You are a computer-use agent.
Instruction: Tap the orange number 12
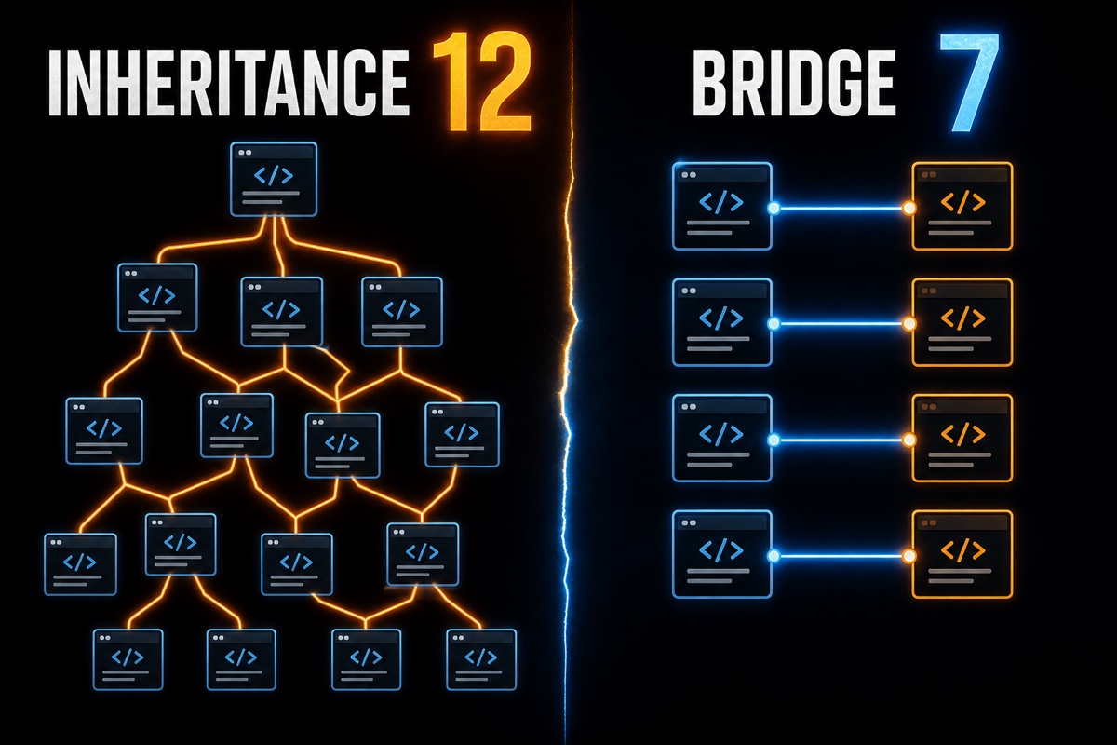click(482, 82)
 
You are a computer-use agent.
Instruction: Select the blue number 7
click(969, 82)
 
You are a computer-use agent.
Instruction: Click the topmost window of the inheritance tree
click(274, 179)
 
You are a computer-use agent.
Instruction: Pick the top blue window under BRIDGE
click(722, 206)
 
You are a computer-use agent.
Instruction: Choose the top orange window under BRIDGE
click(962, 206)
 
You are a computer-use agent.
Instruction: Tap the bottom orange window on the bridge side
click(962, 554)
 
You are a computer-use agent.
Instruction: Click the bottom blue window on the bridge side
click(722, 554)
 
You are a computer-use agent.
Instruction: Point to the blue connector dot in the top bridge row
click(774, 208)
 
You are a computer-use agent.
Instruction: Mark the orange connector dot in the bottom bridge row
click(909, 556)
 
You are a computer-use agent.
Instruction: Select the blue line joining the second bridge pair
click(841, 324)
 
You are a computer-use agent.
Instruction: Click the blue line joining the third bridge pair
click(841, 440)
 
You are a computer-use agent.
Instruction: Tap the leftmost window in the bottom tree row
click(128, 659)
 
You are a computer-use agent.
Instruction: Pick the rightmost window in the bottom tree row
click(481, 659)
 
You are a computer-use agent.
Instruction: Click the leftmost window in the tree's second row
click(157, 297)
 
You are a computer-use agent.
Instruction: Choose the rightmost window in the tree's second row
click(402, 312)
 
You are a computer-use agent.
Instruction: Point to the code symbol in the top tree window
click(274, 176)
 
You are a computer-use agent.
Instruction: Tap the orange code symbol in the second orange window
click(962, 318)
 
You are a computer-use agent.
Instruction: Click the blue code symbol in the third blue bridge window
click(721, 434)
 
